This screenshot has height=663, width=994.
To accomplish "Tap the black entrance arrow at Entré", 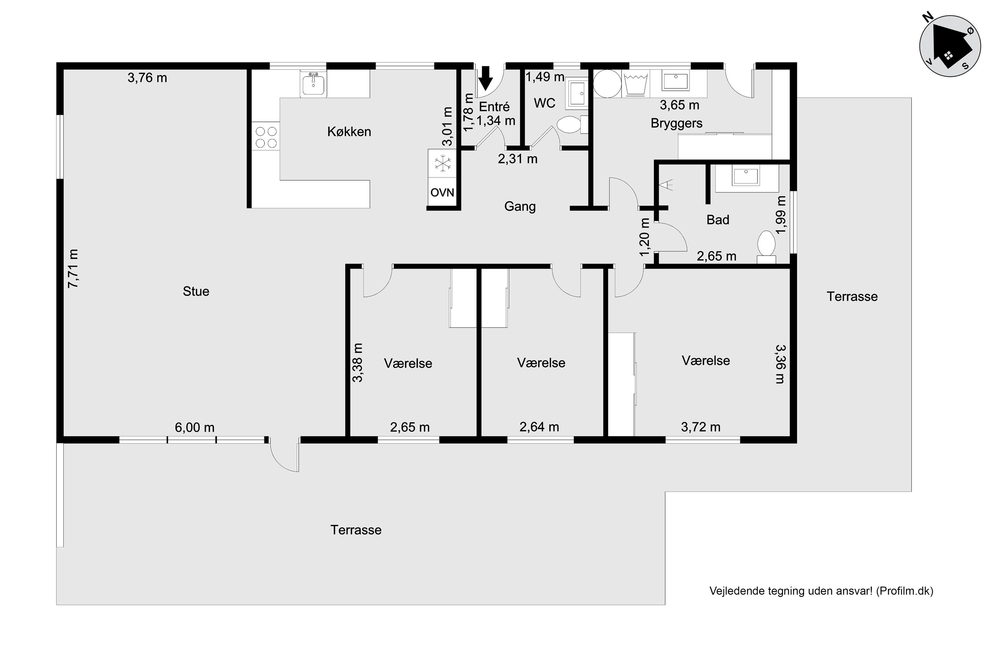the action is pyautogui.click(x=486, y=79).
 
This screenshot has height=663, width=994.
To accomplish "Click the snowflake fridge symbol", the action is pyautogui.click(x=442, y=163).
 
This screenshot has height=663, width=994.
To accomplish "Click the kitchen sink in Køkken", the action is pyautogui.click(x=313, y=84).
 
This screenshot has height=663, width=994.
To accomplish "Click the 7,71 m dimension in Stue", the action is pyautogui.click(x=74, y=269).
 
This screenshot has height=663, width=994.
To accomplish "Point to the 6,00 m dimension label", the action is pyautogui.click(x=195, y=428).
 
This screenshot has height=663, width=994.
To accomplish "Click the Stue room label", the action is pyautogui.click(x=196, y=291).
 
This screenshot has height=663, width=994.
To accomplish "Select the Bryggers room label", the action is pyautogui.click(x=677, y=123).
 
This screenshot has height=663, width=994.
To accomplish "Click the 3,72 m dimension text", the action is pyautogui.click(x=701, y=427).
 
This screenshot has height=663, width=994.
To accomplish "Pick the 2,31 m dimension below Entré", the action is pyautogui.click(x=518, y=159).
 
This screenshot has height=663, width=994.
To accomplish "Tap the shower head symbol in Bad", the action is pyautogui.click(x=666, y=184).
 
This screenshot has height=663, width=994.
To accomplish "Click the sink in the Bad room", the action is pyautogui.click(x=746, y=176).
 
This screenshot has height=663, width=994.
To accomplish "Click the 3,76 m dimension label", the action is pyautogui.click(x=147, y=78).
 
